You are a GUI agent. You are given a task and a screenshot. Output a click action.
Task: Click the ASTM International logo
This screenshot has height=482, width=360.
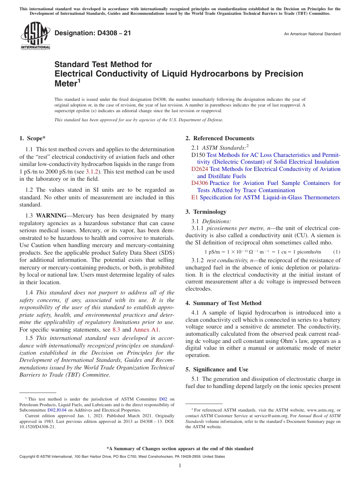pyautogui.click(x=35, y=36)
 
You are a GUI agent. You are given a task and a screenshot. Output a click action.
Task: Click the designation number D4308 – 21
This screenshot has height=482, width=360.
pyautogui.click(x=93, y=33)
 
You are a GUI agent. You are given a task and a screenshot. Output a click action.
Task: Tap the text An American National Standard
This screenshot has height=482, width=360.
pyautogui.click(x=312, y=34)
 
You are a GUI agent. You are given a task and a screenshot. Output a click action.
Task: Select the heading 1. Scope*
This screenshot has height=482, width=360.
pyautogui.click(x=33, y=138)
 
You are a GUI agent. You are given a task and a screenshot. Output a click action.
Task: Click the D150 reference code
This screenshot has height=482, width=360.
pyautogui.click(x=198, y=155)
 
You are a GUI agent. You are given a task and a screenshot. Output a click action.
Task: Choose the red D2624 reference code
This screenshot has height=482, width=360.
pyautogui.click(x=200, y=169)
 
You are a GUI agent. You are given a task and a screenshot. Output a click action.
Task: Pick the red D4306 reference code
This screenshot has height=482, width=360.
pyautogui.click(x=200, y=183)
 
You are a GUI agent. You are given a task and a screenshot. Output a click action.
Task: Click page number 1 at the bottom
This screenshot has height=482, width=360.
pyautogui.click(x=180, y=465)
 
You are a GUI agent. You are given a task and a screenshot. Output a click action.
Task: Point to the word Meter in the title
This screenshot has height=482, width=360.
pyautogui.click(x=66, y=83)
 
